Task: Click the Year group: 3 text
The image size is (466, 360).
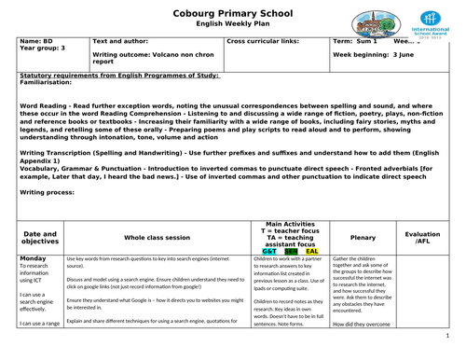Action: pyautogui.click(x=39, y=49)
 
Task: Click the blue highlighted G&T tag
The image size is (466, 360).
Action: pyautogui.click(x=268, y=252)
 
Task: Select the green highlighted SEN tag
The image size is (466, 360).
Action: pyautogui.click(x=291, y=252)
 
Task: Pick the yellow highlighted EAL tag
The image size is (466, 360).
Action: pyautogui.click(x=312, y=252)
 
